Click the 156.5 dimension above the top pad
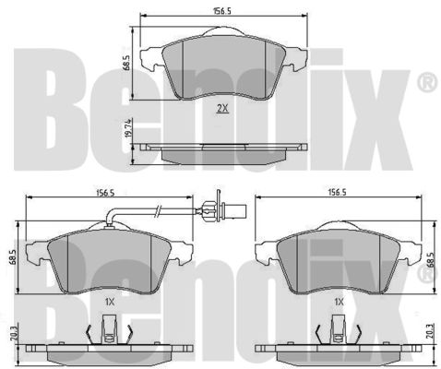pyautogui.click(x=222, y=11)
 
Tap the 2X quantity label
pyautogui.click(x=222, y=108)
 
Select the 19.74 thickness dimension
pyautogui.click(x=128, y=128)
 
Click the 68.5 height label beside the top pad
pyautogui.click(x=126, y=64)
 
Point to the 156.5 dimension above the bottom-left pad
pyautogui.click(x=105, y=193)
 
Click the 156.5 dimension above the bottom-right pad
pyautogui.click(x=337, y=193)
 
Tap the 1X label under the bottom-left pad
pyautogui.click(x=110, y=302)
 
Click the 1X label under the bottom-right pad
pyautogui.click(x=339, y=302)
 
